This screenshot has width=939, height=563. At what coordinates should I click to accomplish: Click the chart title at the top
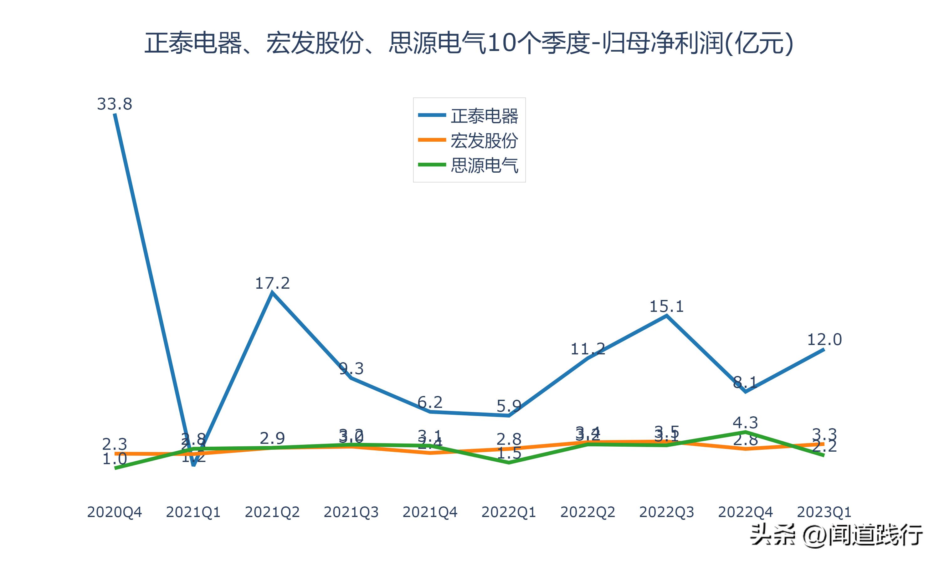(469, 43)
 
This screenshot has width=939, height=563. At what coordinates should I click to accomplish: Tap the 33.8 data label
(115, 104)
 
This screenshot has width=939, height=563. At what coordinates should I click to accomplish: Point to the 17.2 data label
(272, 283)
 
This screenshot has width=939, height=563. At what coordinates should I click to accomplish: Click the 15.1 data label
(666, 306)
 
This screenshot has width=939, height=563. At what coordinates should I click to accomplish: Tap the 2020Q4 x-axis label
(115, 512)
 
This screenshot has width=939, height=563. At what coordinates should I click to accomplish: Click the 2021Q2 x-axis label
(272, 512)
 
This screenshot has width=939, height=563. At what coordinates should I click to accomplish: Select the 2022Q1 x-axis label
(509, 512)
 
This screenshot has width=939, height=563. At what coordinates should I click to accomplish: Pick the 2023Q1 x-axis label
(824, 512)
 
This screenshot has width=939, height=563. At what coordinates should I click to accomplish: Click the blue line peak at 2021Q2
(272, 293)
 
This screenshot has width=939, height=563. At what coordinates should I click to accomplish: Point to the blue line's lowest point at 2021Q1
(193, 464)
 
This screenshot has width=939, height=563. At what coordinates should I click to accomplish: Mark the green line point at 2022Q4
(746, 432)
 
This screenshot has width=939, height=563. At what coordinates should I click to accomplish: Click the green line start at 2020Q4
(115, 468)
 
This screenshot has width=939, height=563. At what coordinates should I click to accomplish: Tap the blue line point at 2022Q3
(666, 316)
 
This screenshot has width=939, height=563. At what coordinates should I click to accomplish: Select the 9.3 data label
(351, 368)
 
